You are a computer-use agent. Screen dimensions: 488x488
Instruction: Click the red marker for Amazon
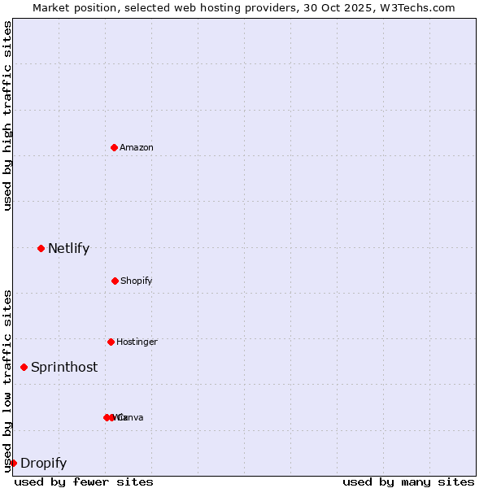pyautogui.click(x=114, y=147)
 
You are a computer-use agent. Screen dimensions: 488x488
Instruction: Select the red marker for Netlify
pyautogui.click(x=41, y=248)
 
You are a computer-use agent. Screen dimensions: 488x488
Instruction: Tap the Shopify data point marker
pyautogui.click(x=115, y=281)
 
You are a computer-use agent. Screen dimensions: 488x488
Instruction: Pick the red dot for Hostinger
pyautogui.click(x=111, y=342)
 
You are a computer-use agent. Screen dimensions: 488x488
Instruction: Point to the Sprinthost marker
pyautogui.click(x=24, y=367)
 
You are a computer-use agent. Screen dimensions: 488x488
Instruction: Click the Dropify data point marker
pyautogui.click(x=13, y=463)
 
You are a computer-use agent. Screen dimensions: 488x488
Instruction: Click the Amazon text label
pyautogui.click(x=137, y=147)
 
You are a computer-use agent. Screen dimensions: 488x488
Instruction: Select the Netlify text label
pyautogui.click(x=68, y=248)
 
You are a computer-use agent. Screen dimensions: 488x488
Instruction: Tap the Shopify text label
pyautogui.click(x=137, y=281)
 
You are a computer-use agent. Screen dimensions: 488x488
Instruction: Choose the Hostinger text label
pyautogui.click(x=137, y=342)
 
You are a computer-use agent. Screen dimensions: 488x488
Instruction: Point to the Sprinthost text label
pyautogui.click(x=64, y=367)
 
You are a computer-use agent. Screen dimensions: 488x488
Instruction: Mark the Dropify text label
pyautogui.click(x=43, y=463)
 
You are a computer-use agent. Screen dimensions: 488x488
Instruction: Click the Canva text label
pyautogui.click(x=131, y=417)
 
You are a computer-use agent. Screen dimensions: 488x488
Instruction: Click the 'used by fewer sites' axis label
pyautogui.click(x=84, y=481)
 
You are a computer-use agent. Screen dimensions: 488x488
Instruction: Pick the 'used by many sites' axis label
pyautogui.click(x=408, y=481)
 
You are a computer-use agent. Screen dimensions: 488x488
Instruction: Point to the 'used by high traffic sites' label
pyautogui.click(x=7, y=115)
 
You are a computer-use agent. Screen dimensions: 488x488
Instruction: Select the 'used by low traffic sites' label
pyautogui.click(x=7, y=381)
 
